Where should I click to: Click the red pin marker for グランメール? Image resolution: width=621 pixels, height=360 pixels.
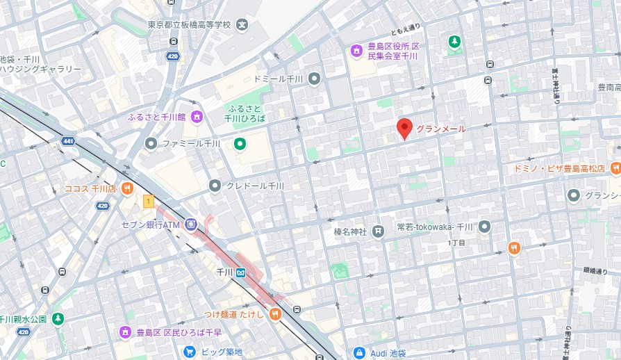coord(404,128)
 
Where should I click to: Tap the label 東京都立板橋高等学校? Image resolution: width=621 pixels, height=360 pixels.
coord(188,25)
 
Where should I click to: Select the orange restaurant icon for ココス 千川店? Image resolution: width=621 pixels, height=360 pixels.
coord(126,188)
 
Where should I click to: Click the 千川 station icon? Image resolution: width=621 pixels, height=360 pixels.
coord(240,273)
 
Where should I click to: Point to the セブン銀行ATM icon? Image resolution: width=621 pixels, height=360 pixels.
coord(190,224)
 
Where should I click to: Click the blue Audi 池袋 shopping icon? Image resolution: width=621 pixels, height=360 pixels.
coord(359,352)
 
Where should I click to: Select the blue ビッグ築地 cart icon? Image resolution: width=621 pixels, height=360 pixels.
coord(189,352)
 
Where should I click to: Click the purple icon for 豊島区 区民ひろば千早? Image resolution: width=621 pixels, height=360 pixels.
coord(126,332)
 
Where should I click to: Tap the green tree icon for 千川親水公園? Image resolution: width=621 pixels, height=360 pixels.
coord(58,319)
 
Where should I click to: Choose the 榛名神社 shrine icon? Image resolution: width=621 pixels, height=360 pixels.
coord(378,231)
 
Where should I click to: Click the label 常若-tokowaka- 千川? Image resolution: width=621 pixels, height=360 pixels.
coord(435,227)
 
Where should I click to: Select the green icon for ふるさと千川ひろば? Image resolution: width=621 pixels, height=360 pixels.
coord(240,144)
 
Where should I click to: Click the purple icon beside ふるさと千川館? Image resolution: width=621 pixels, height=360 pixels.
coord(197,117)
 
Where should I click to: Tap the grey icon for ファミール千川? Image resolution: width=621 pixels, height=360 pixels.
coord(150,143)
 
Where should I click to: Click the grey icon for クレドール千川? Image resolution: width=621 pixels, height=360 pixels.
coord(215,186)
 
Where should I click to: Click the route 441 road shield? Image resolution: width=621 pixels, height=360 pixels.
coord(67,141)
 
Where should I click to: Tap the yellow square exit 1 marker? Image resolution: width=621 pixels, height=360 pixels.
coord(147,202)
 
